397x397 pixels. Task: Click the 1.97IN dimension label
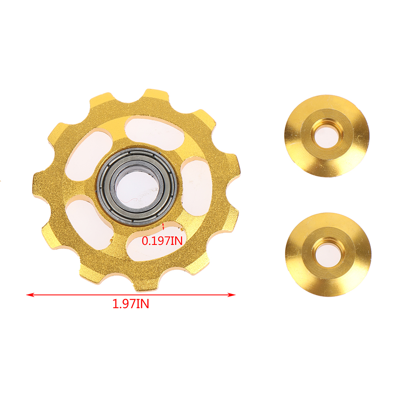[x=131, y=304]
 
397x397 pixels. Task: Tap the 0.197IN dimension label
[x=162, y=241]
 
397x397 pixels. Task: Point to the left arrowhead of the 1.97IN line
[x=30, y=295]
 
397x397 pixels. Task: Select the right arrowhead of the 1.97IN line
[x=232, y=295]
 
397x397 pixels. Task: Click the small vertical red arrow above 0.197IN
[x=163, y=226]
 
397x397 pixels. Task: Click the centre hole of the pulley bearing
[x=137, y=186]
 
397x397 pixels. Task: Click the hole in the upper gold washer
[x=326, y=137]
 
